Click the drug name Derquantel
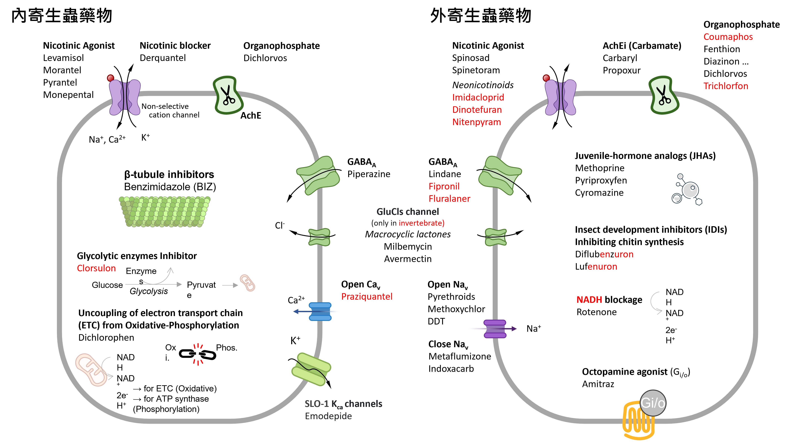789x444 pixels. [x=163, y=58]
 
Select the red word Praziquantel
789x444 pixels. [x=367, y=296]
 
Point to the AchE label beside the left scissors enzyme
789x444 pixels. [x=251, y=116]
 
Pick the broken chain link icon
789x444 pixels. [x=197, y=354]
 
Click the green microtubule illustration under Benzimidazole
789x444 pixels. [x=165, y=212]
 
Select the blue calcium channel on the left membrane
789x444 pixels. [x=320, y=312]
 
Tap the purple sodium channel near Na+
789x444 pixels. [x=495, y=329]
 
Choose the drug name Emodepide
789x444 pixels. [x=328, y=416]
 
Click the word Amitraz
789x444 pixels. [x=598, y=384]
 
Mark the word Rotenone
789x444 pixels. [x=596, y=312]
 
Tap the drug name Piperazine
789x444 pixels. [x=369, y=174]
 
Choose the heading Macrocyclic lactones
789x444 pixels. [x=408, y=234]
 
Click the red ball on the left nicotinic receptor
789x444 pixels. [x=110, y=78]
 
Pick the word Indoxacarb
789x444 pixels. [x=451, y=368]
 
